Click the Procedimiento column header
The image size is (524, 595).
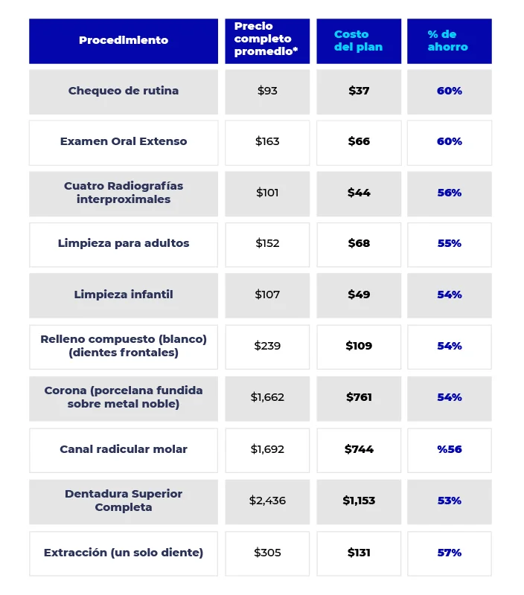click(x=124, y=40)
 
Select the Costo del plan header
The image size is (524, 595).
click(x=359, y=40)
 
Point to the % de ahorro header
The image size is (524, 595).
click(x=449, y=40)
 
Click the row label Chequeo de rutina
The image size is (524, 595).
click(x=124, y=91)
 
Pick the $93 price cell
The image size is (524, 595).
click(x=267, y=91)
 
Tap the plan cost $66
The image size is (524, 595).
click(x=359, y=141)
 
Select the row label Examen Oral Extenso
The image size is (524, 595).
click(x=124, y=141)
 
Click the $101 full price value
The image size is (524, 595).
click(x=267, y=193)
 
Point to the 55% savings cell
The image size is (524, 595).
click(x=449, y=243)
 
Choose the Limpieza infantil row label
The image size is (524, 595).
click(x=124, y=295)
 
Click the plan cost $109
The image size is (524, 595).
click(x=359, y=346)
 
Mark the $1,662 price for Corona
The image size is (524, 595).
click(x=267, y=397)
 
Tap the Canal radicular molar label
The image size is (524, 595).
click(x=124, y=449)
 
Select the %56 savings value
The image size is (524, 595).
click(x=449, y=449)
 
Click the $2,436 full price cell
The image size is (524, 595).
click(x=267, y=501)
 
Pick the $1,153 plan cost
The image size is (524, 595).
click(x=359, y=501)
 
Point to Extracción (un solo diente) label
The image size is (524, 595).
click(x=124, y=553)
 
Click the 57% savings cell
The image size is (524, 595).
click(x=449, y=553)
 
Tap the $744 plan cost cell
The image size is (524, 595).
click(x=359, y=449)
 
